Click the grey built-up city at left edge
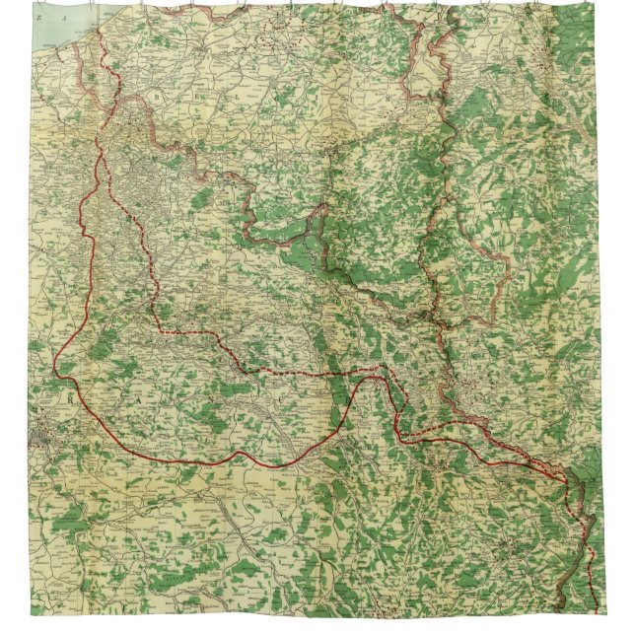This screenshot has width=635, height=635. (43, 431)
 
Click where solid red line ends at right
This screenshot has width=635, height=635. (568, 480)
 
